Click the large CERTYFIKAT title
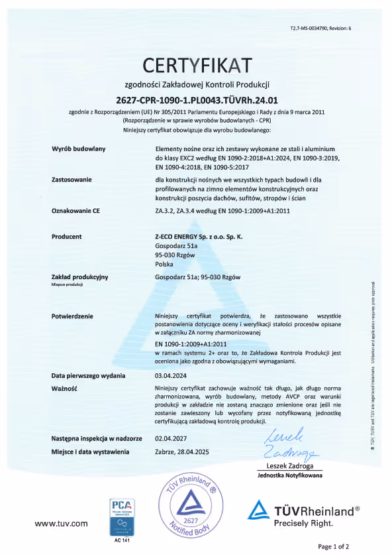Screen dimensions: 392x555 pos(197,66)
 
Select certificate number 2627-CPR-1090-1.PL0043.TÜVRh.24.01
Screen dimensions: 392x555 pos(197,99)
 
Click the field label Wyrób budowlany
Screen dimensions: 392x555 pos(74,150)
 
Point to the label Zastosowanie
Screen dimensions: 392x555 pos(71,180)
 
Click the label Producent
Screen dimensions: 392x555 pos(67,236)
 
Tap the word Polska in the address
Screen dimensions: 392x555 pos(164,263)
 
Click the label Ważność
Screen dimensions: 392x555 pos(65,388)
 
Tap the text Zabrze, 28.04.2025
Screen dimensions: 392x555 pos(187,452)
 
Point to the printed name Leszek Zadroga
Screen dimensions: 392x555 pos(289,466)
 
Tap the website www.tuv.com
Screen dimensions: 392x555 pos(61,523)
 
